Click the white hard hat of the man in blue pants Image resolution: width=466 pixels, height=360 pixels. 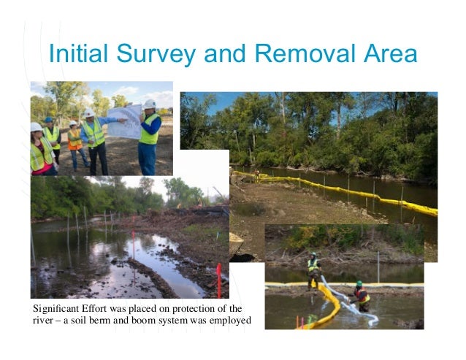[149, 104]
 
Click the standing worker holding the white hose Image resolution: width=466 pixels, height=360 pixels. [313, 270]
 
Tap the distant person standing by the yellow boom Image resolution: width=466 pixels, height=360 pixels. [256, 175]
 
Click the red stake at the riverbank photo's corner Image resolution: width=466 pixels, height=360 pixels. [218, 280]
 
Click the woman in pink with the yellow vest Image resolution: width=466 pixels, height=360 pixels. [40, 150]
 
